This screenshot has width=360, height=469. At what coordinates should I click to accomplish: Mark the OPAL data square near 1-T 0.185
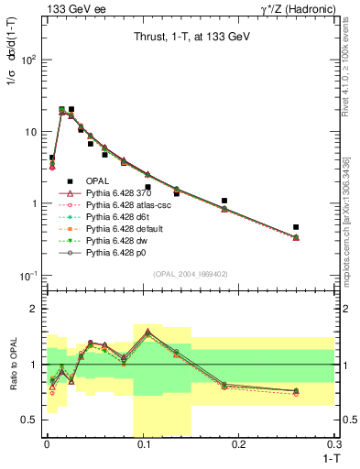[224, 200]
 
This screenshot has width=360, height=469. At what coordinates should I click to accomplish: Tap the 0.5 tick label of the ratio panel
[30, 420]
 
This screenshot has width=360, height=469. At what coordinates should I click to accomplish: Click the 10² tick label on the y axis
[27, 60]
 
